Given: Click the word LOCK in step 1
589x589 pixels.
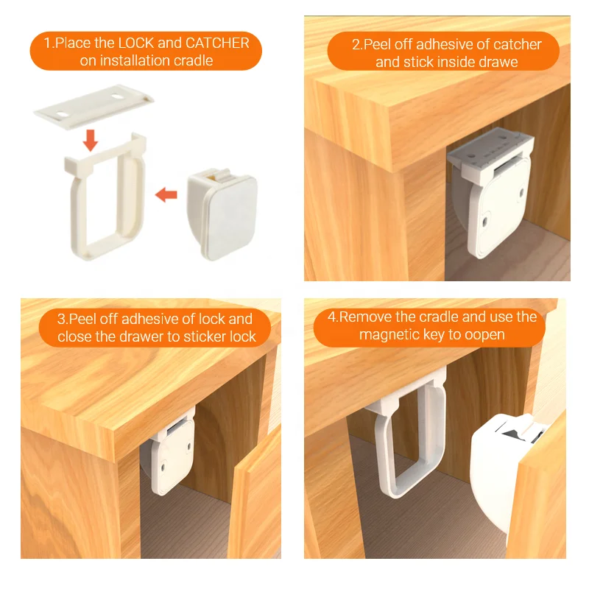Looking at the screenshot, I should (138, 43).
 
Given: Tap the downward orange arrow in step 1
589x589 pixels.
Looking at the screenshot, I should (90, 138).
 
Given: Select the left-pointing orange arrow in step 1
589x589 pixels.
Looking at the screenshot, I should (166, 195).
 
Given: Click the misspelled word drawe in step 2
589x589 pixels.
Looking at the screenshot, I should (498, 62).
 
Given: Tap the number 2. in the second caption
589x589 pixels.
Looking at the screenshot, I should (357, 44).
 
